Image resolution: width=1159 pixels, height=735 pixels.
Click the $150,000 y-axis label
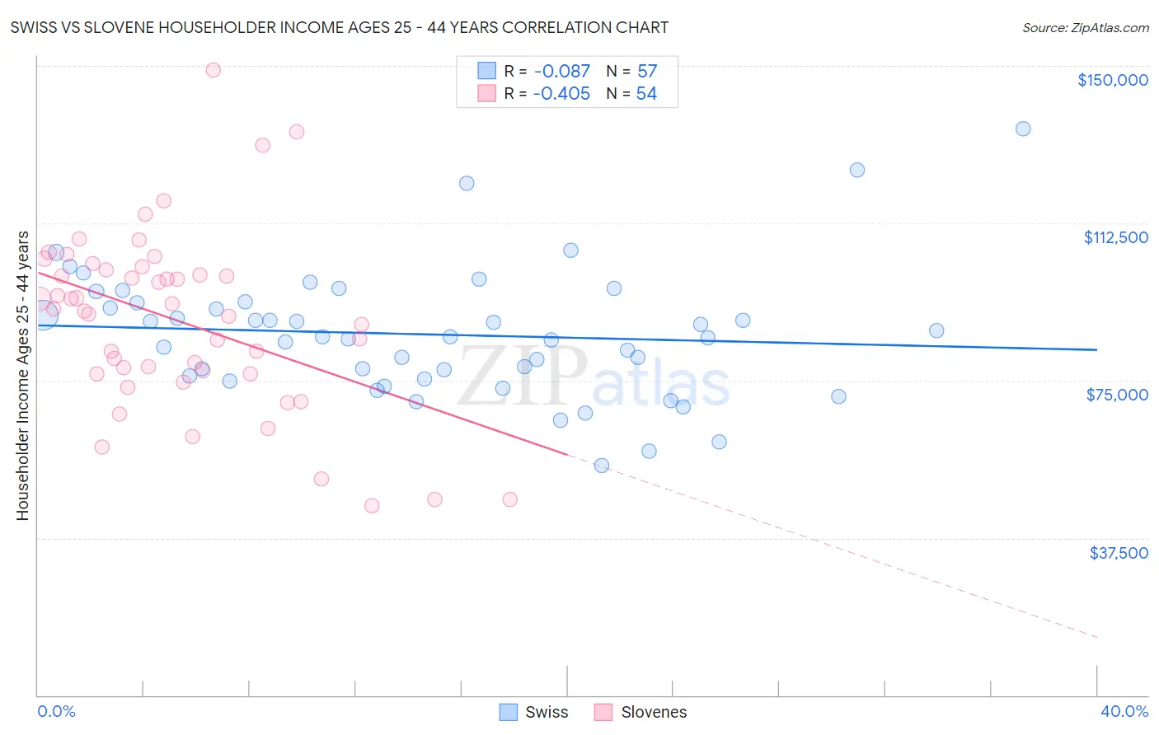pos(1112,80)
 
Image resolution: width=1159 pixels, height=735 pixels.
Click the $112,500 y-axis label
pos(1115,237)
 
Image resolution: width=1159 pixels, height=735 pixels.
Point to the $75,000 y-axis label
pos(1117,395)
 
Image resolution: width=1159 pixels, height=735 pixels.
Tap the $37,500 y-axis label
pos(1119,553)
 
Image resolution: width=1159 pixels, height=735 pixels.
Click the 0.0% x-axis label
pos(56,711)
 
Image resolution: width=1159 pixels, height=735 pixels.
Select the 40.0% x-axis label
pos(1124,711)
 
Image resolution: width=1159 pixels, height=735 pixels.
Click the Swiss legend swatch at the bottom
pos(509,712)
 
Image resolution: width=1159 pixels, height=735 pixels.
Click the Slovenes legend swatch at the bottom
pos(603,712)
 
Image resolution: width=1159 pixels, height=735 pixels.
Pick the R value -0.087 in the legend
pos(561,72)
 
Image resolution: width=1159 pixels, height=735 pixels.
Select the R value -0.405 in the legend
pos(561,94)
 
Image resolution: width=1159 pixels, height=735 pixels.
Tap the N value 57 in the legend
pos(647,72)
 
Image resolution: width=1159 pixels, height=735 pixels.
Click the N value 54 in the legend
pos(646,94)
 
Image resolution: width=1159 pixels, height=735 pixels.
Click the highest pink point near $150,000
pos(213,70)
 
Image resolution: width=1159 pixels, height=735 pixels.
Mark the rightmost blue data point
pos(1023,129)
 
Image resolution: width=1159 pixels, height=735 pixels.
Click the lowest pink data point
pos(372,506)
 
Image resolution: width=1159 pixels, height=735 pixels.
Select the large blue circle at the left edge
pos(43,314)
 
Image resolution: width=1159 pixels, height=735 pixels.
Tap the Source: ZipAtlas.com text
pos(1085,28)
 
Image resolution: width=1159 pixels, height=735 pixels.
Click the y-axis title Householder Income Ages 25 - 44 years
pos(22,376)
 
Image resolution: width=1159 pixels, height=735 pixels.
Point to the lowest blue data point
pos(602,466)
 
